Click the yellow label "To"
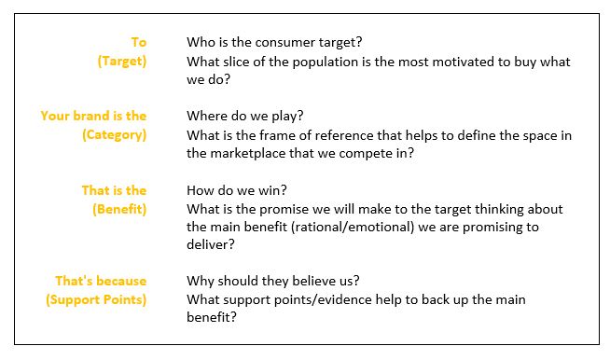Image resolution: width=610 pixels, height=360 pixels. (x=138, y=42)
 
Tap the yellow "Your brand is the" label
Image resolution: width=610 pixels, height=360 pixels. (x=93, y=116)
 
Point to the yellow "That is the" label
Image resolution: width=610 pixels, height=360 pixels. (x=114, y=190)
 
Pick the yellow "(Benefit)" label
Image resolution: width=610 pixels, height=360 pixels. (x=119, y=209)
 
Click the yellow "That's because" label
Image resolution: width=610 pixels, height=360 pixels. (x=101, y=281)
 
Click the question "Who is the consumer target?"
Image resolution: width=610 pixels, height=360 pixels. (x=274, y=42)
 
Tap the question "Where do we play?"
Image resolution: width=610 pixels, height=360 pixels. (x=244, y=116)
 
